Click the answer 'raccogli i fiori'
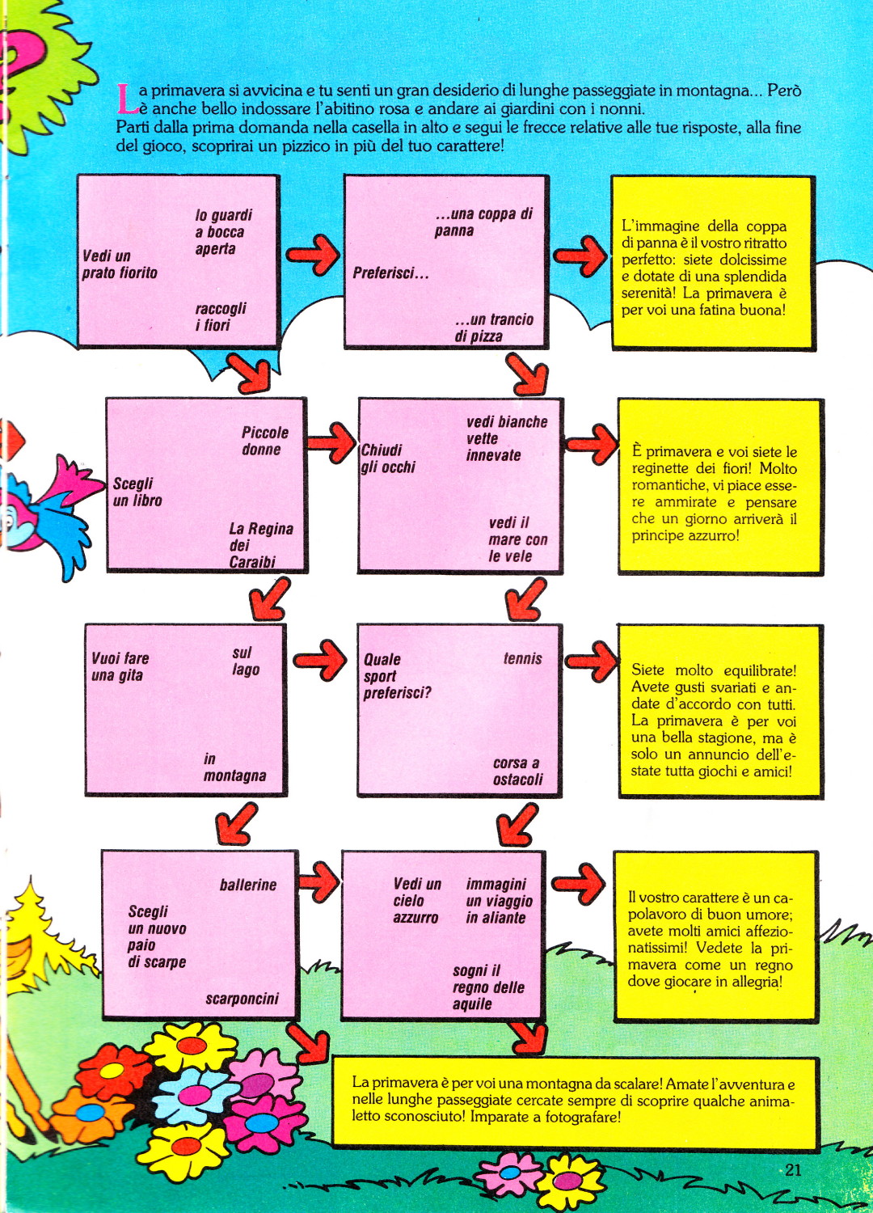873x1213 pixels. tap(221, 317)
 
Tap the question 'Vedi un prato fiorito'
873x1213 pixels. tap(120, 264)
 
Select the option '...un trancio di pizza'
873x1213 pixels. tap(494, 328)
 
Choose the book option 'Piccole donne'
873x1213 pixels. tap(264, 441)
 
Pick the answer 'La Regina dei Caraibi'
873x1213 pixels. tap(261, 545)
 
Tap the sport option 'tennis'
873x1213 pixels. tap(522, 658)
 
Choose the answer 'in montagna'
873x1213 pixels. tap(235, 768)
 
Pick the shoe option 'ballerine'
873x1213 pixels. tap(248, 885)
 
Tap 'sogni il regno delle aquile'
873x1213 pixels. tap(488, 987)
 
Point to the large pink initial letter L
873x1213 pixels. tap(126, 99)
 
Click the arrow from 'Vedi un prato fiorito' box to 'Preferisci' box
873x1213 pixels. tap(313, 255)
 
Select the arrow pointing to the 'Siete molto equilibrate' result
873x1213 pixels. tap(591, 661)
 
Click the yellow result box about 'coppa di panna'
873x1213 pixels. tap(713, 263)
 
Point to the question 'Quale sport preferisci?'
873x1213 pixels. tap(397, 676)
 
